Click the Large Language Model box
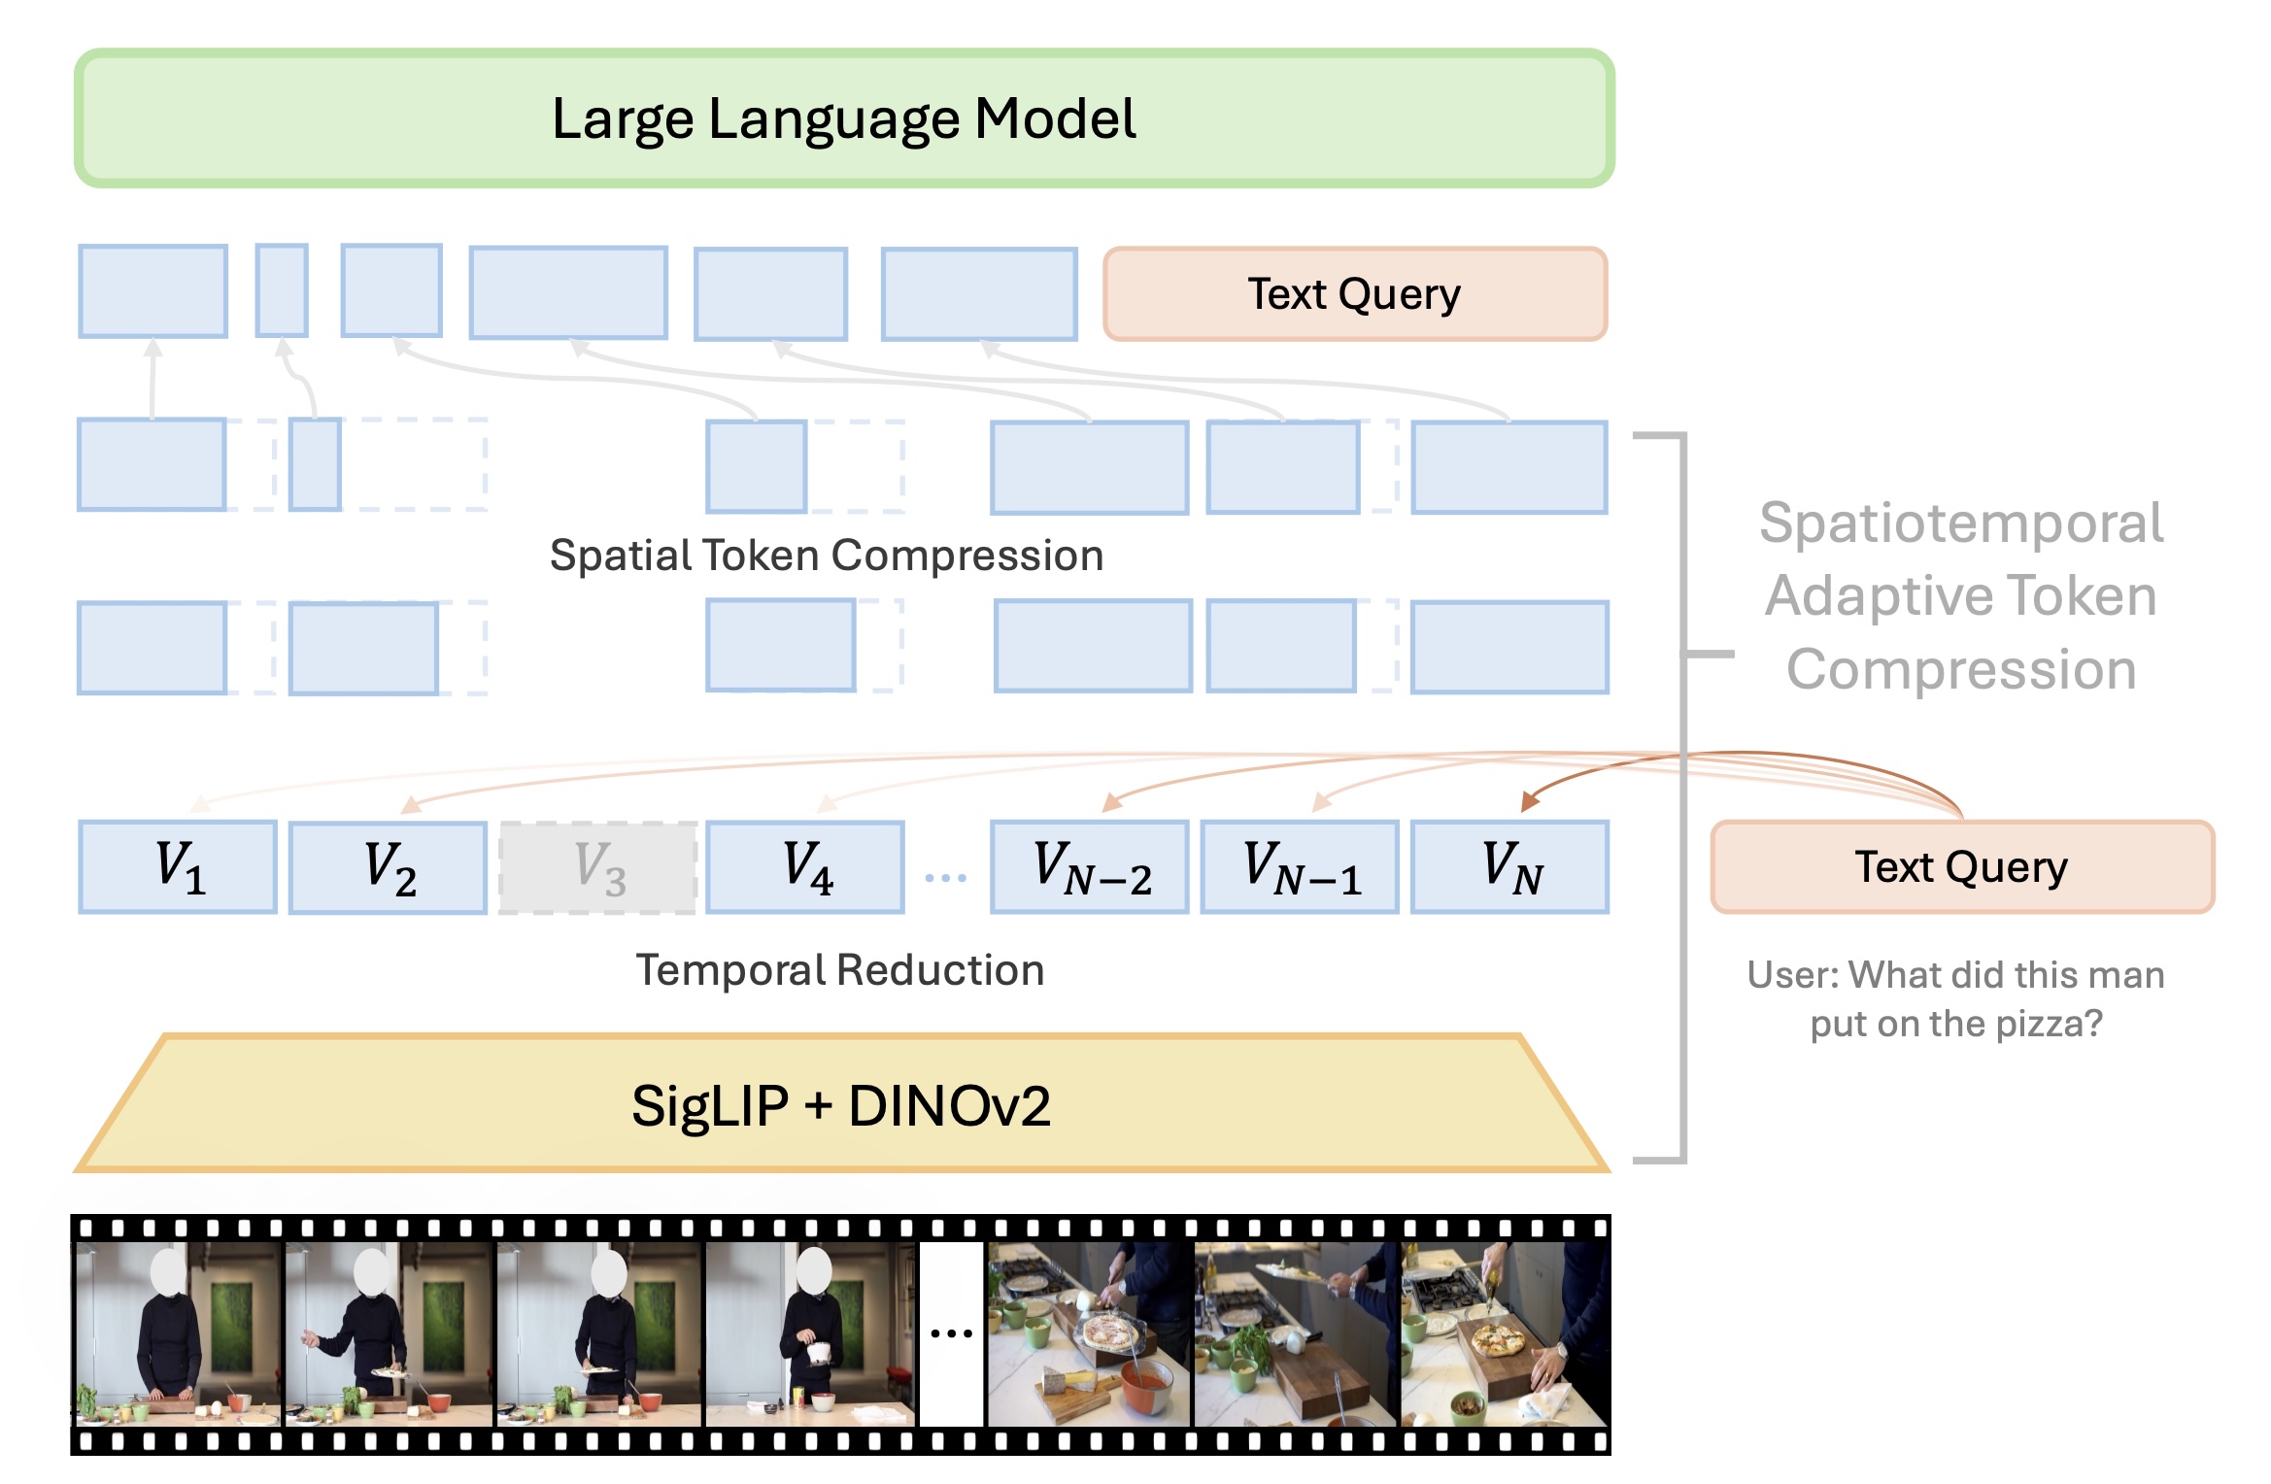coord(843,118)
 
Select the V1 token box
coord(178,867)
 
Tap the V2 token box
coord(389,867)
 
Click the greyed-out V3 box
coord(598,867)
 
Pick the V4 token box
coord(805,867)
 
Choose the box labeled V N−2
coord(1089,867)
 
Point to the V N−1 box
coord(1300,867)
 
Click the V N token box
coord(1509,867)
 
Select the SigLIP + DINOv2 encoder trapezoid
coord(841,1104)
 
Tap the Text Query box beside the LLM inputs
coord(1355,294)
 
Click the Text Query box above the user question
coord(1962,867)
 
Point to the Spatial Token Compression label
coord(827,556)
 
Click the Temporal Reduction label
coord(840,970)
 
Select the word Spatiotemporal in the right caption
coord(1961,523)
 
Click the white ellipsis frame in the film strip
coord(951,1333)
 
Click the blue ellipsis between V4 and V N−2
coord(946,878)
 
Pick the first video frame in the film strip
coord(179,1333)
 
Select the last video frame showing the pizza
coord(1505,1333)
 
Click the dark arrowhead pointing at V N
coord(1528,801)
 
